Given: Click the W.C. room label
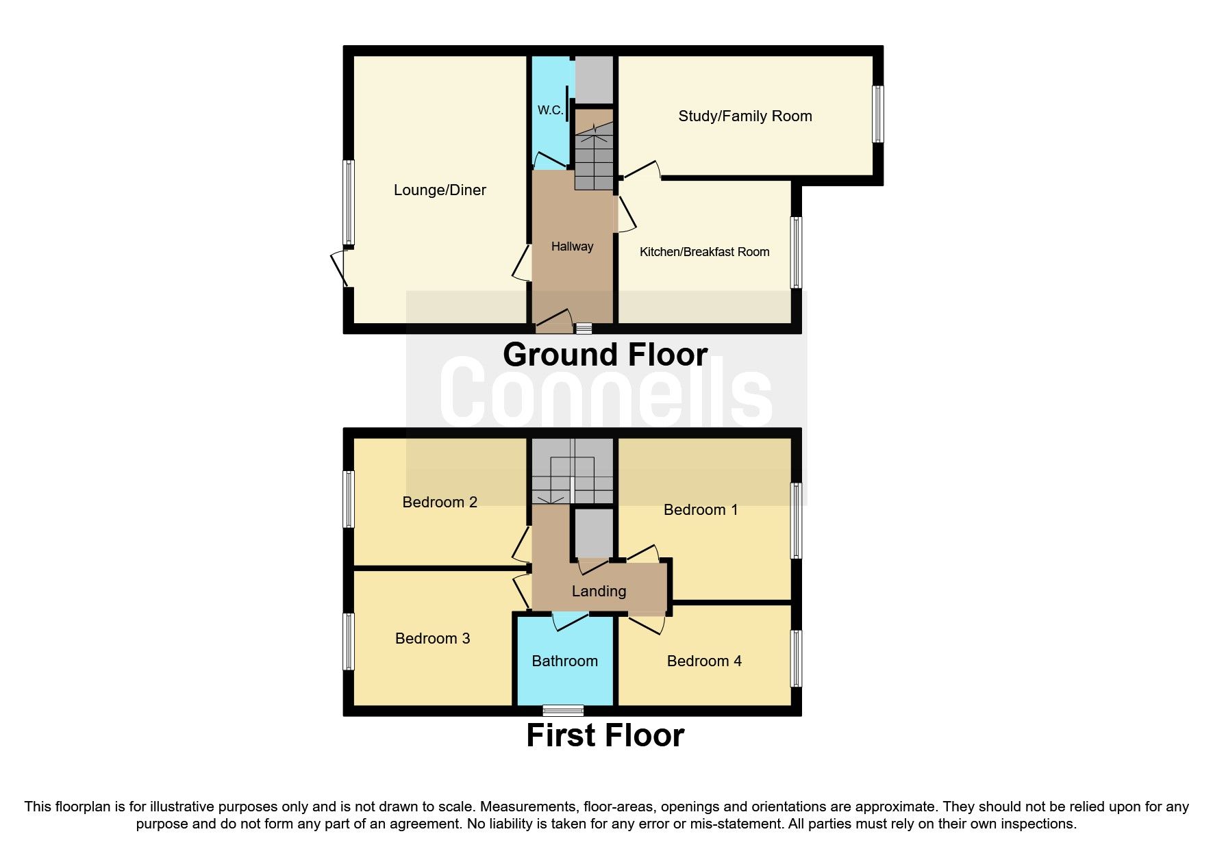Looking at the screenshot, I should (550, 110).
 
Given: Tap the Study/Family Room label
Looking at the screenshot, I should (745, 116).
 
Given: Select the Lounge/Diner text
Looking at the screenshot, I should (440, 190).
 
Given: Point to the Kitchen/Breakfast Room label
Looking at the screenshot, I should (704, 252).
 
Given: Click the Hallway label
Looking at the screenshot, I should (572, 246).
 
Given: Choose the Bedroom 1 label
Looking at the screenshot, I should (700, 509).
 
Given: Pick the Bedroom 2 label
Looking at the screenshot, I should (439, 503).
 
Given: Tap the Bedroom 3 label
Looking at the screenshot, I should (432, 639).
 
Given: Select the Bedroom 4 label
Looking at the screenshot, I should (703, 661).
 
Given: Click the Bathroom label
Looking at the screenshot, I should (564, 661).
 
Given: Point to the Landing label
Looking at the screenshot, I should (599, 592).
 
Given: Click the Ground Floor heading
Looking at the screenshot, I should (605, 355).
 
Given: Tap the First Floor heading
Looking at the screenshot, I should (605, 735).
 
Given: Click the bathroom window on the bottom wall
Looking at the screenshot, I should (563, 711).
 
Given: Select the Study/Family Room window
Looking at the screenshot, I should (877, 114).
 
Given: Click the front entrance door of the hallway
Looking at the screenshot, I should (553, 322).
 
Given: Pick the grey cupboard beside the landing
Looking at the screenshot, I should (593, 533).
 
